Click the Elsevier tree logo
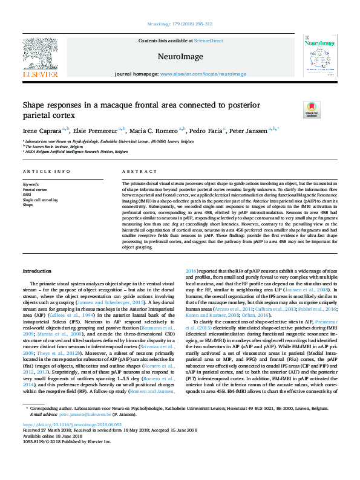41,53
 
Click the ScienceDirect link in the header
208,41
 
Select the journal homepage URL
203,74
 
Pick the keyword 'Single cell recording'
41,199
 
